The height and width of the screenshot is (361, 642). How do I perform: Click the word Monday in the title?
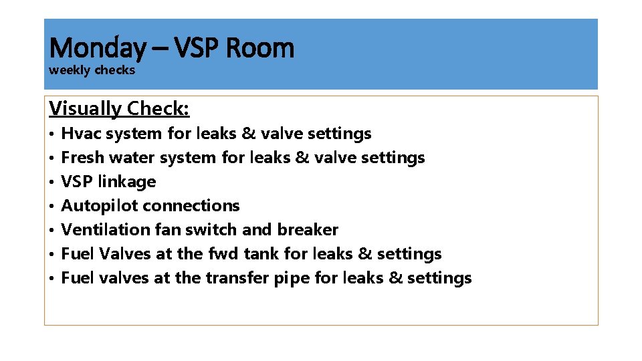pos(97,48)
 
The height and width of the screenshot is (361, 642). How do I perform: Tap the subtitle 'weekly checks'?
pos(92,70)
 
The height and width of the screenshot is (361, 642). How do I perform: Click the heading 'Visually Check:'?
pos(120,108)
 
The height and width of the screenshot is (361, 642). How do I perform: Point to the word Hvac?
pos(78,134)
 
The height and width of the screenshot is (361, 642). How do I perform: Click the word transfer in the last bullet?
pos(237,278)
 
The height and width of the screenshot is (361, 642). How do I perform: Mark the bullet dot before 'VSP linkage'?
pos(51,183)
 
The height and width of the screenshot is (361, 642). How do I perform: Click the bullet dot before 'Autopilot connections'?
pos(51,207)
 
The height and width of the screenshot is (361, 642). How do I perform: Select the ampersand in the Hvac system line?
pos(248,134)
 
